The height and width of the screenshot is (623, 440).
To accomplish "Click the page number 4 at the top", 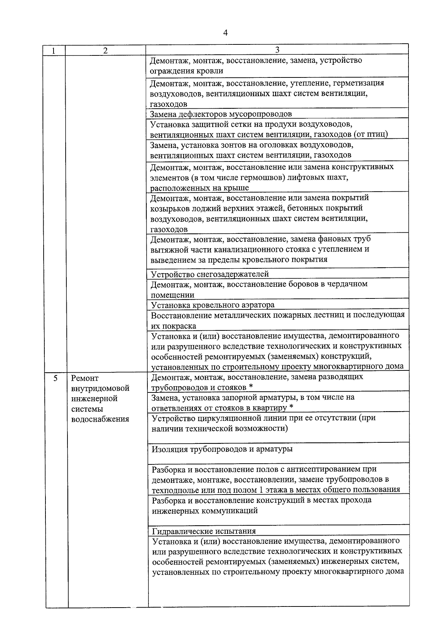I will point(225,33).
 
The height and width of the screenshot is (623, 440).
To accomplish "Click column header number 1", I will point(54,51).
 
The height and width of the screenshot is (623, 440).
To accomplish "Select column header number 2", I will point(105,51).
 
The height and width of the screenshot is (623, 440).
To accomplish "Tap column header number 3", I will point(277,50).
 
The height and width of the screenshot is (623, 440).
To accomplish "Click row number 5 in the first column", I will point(55,378).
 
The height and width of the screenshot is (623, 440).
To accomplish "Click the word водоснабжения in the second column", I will point(100,419).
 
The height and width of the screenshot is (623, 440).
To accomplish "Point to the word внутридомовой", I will point(100,388).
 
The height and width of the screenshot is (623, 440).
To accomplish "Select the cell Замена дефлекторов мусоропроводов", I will point(221,114).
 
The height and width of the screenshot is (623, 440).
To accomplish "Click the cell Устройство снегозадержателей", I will point(210,274).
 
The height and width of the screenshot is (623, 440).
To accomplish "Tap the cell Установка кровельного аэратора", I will point(213,305).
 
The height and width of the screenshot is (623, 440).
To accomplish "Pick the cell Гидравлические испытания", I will point(204,531).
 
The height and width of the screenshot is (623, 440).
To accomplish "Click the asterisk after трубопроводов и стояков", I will point(251,387).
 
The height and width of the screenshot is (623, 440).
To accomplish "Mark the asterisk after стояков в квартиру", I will point(291,408).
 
